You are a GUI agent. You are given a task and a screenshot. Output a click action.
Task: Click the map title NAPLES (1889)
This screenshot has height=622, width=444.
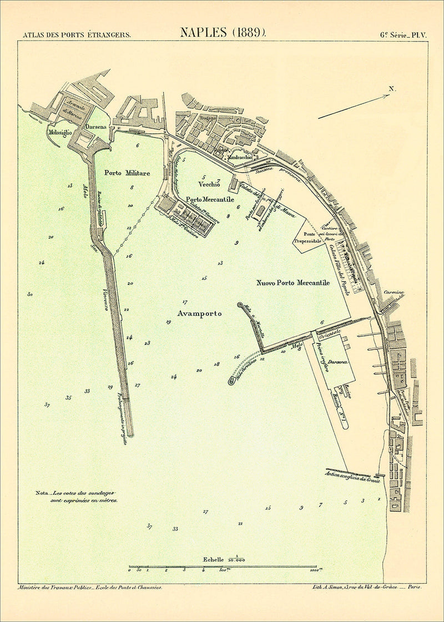pos(223,32)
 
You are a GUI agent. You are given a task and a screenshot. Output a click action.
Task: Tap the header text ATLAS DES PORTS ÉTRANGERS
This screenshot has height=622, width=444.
pos(77,34)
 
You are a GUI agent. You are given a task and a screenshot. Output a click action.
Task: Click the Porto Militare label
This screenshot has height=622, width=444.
pos(127,173)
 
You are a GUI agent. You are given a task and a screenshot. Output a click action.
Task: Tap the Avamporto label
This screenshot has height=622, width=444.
pos(199,314)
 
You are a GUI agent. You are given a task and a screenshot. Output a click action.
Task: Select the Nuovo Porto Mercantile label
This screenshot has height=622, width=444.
pos(293,283)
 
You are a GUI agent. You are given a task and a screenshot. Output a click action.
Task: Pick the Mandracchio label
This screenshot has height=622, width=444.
pos(240,157)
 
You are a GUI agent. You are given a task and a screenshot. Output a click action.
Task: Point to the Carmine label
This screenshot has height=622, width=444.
pos(393,293)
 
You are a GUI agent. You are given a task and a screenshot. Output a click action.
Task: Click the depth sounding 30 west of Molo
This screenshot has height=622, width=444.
pos(30,294)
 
